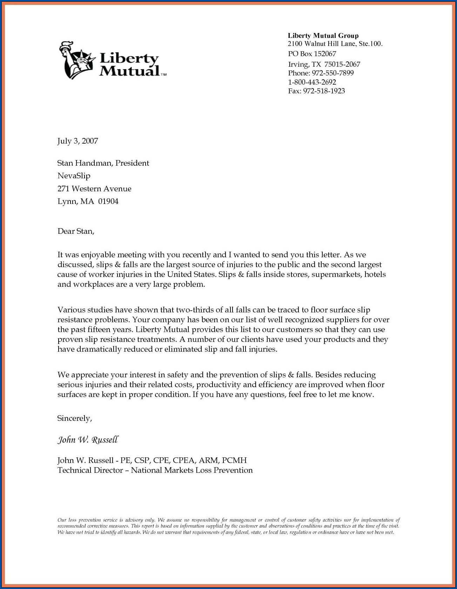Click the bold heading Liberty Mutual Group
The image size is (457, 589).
323,35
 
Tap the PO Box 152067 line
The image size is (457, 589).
312,54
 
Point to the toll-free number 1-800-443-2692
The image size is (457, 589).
312,82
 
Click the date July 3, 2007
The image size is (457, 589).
78,141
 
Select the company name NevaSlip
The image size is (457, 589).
74,176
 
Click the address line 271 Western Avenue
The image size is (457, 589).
94,189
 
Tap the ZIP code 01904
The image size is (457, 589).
108,201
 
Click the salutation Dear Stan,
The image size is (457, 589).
76,231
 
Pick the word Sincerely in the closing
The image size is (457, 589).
74,418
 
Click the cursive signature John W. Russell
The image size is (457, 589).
88,440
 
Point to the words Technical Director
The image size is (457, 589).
90,470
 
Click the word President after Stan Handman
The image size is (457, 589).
132,163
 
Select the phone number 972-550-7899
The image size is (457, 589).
332,73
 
